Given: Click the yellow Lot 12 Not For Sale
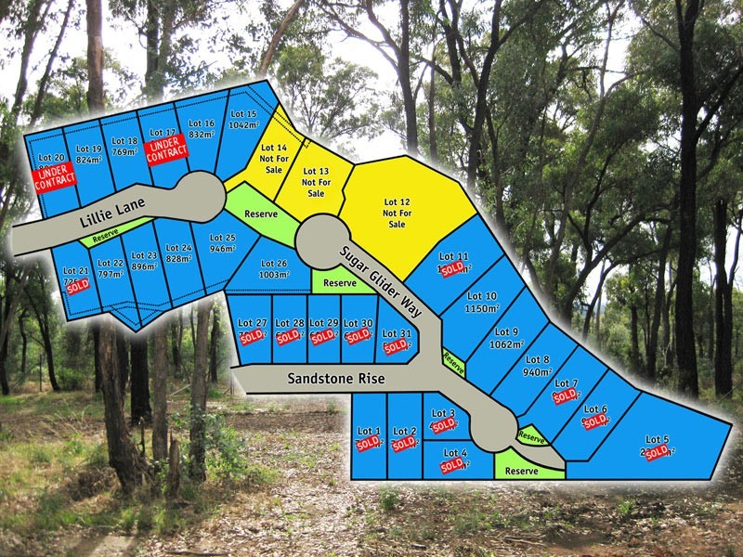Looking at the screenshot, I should coord(397,213).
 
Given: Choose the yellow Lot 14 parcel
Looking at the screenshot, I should coord(273,159).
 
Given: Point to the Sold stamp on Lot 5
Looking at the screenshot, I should coord(658,452).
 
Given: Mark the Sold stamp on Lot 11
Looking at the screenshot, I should coord(453,268).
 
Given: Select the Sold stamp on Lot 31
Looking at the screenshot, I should coord(397,345).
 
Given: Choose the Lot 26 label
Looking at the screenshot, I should coord(273,263).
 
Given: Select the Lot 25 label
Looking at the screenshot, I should coord(222,239).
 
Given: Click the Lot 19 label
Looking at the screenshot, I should coord(88,149).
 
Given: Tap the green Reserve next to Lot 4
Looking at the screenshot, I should coord(521,471).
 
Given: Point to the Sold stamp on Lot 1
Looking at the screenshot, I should coord(369,444).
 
